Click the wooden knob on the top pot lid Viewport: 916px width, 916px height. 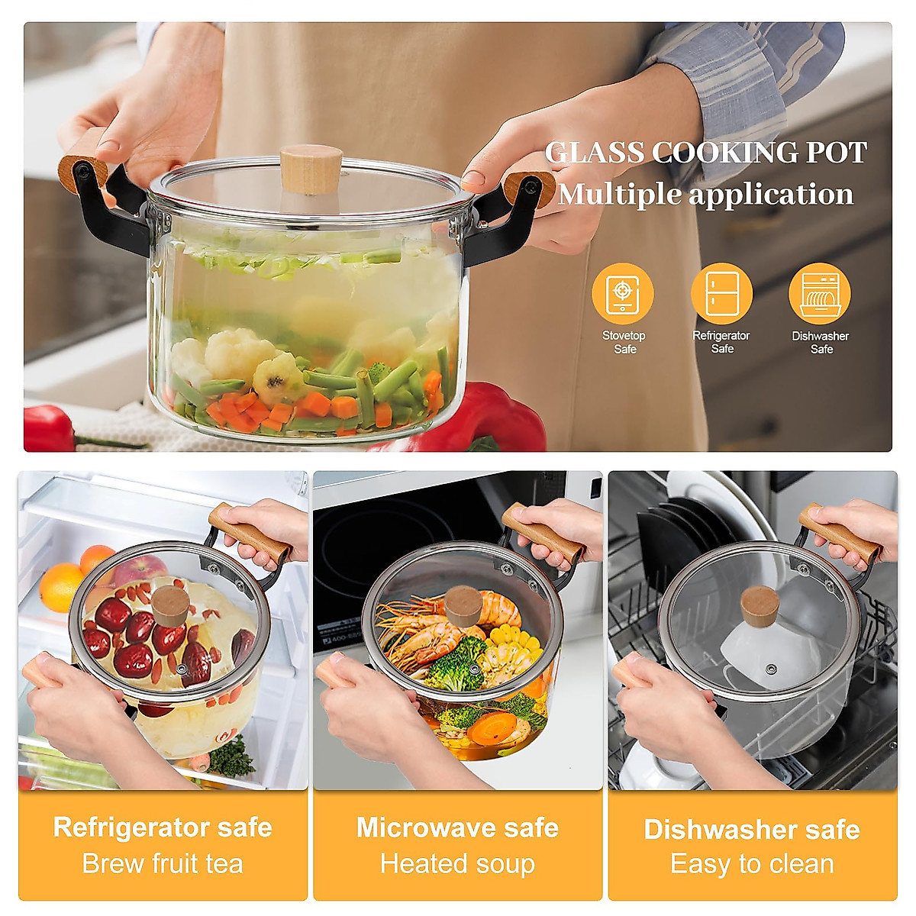coord(310,169)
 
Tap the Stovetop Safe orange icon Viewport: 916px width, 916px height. coord(623,294)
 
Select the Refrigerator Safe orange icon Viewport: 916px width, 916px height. coord(721,294)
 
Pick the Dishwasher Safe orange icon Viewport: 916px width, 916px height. coord(820,294)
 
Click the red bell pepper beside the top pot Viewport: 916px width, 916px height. coord(489,416)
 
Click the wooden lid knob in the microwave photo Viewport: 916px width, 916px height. coord(463,605)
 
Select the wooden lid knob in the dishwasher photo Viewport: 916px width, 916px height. coord(760,605)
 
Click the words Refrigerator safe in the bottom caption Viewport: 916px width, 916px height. coord(163,827)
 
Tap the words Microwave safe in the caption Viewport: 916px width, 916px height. coord(457,827)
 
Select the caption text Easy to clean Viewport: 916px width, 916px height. coord(752,864)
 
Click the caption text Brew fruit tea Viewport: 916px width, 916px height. coord(163,864)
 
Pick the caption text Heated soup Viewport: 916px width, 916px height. coord(457,864)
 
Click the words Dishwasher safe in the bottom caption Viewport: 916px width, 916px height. coord(752,829)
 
